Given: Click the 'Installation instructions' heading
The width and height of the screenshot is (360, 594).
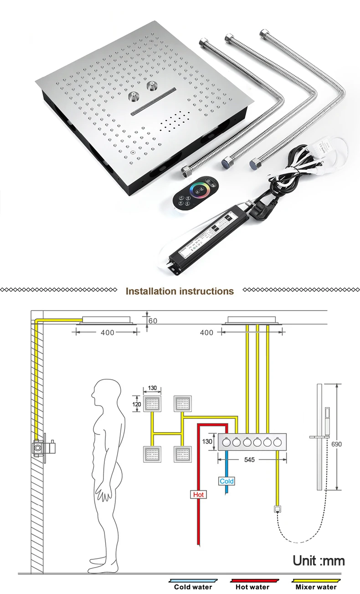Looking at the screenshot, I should (180, 291).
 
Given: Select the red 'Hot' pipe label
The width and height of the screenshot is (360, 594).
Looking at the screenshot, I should (198, 494).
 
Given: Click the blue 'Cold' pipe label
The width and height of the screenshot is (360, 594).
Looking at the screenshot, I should (226, 481).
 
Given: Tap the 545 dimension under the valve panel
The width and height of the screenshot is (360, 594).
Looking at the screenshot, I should (249, 460).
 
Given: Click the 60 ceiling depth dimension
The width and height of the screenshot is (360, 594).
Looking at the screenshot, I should (153, 321).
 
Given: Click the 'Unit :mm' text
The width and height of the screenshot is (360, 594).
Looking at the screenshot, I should (319, 560).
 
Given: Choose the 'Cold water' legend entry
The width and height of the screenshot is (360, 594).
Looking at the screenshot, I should (193, 586).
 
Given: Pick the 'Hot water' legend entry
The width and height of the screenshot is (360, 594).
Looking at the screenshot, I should (253, 586).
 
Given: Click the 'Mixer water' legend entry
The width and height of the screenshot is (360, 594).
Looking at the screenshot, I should (316, 586).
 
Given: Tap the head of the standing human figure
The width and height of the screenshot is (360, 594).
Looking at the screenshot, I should (105, 393).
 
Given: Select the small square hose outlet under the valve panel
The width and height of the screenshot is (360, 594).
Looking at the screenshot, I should (277, 509).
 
